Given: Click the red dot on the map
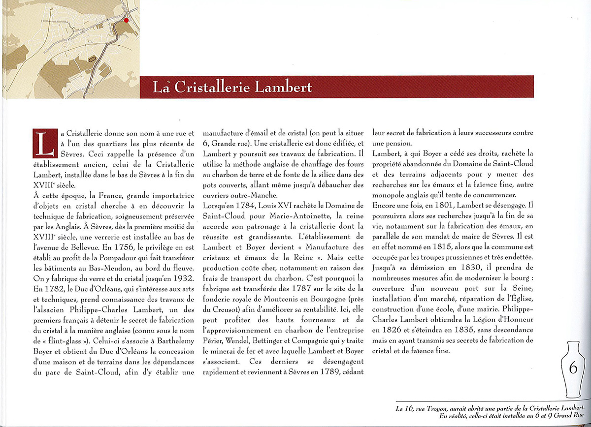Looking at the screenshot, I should pyautogui.click(x=126, y=20).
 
